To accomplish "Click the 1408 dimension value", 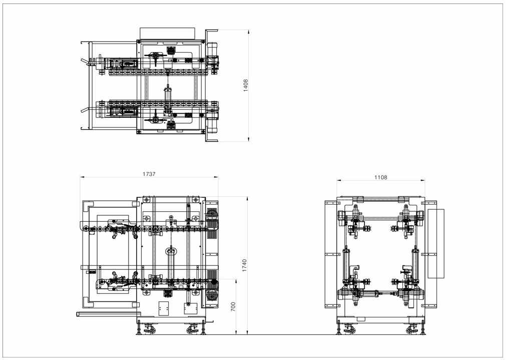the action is (246, 86).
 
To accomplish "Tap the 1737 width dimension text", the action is (149, 174).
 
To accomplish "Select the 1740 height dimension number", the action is (244, 265).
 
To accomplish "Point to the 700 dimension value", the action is (233, 307).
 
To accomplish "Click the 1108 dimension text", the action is (381, 177).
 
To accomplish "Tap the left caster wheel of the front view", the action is (150, 329).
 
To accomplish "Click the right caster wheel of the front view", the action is (193, 329).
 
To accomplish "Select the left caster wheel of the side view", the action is (349, 329).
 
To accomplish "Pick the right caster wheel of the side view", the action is (412, 329).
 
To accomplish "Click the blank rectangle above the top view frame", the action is (168, 34).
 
